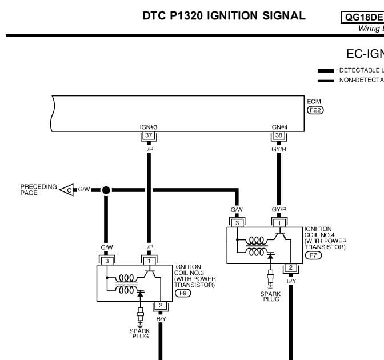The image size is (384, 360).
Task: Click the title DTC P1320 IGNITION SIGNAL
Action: click(x=224, y=16)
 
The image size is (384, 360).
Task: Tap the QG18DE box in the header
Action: click(x=363, y=17)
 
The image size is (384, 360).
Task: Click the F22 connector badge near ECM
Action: click(x=315, y=110)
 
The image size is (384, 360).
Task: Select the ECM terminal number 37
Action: click(x=149, y=135)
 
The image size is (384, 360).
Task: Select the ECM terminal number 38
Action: click(x=278, y=135)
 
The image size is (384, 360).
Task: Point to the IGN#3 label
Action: click(x=149, y=127)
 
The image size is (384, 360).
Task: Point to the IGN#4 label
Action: click(x=278, y=127)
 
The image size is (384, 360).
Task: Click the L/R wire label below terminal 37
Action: click(x=149, y=149)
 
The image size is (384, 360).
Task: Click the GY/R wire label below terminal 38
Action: click(x=278, y=149)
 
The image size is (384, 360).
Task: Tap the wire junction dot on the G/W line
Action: click(x=106, y=189)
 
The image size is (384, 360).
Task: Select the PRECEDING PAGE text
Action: click(x=39, y=190)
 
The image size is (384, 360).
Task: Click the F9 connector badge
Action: click(x=183, y=293)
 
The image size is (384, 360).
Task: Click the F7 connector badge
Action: click(x=313, y=255)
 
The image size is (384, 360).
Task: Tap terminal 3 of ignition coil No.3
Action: click(x=106, y=261)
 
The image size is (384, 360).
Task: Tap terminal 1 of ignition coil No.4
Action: click(x=279, y=223)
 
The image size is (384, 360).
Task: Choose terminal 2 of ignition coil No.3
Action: click(x=161, y=305)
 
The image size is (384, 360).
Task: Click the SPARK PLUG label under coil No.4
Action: click(x=270, y=296)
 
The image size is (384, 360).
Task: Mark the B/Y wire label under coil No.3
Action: click(x=161, y=318)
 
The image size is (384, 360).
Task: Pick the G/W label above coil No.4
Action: click(x=237, y=210)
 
